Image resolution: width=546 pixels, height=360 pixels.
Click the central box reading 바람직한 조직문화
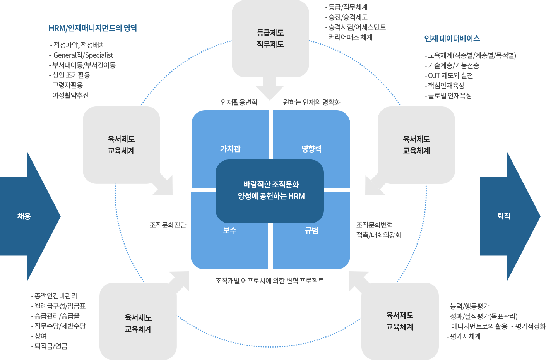pyautogui.click(x=270, y=190)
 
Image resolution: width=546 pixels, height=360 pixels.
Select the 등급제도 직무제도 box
pyautogui.click(x=270, y=39)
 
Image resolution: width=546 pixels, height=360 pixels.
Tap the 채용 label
pyautogui.click(x=24, y=216)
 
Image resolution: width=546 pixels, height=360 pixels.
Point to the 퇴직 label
pyautogui.click(x=504, y=216)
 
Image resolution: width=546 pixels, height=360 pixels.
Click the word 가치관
pyautogui.click(x=230, y=149)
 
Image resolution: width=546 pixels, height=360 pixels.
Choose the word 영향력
pyautogui.click(x=312, y=149)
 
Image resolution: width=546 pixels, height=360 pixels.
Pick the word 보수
pyautogui.click(x=229, y=230)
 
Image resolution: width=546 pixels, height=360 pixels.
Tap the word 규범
pyautogui.click(x=312, y=231)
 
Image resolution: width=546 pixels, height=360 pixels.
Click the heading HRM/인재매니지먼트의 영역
pyautogui.click(x=92, y=28)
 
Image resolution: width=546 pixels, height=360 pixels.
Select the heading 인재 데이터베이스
pyautogui.click(x=452, y=38)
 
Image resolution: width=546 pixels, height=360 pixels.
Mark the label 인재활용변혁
pyautogui.click(x=239, y=102)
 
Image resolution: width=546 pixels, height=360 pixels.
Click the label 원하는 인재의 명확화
pyautogui.click(x=312, y=102)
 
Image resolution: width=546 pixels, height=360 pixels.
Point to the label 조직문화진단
pyautogui.click(x=168, y=225)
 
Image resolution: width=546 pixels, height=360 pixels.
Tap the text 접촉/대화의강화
pyautogui.click(x=379, y=235)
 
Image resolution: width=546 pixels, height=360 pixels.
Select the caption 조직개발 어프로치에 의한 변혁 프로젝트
pyautogui.click(x=270, y=280)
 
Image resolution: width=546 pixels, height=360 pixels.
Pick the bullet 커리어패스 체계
pyautogui.click(x=350, y=37)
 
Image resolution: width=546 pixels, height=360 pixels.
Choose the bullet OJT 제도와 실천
pyautogui.click(x=450, y=75)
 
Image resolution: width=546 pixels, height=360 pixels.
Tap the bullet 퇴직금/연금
pyautogui.click(x=51, y=346)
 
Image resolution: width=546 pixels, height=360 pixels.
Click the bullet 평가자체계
pyautogui.click(x=465, y=336)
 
